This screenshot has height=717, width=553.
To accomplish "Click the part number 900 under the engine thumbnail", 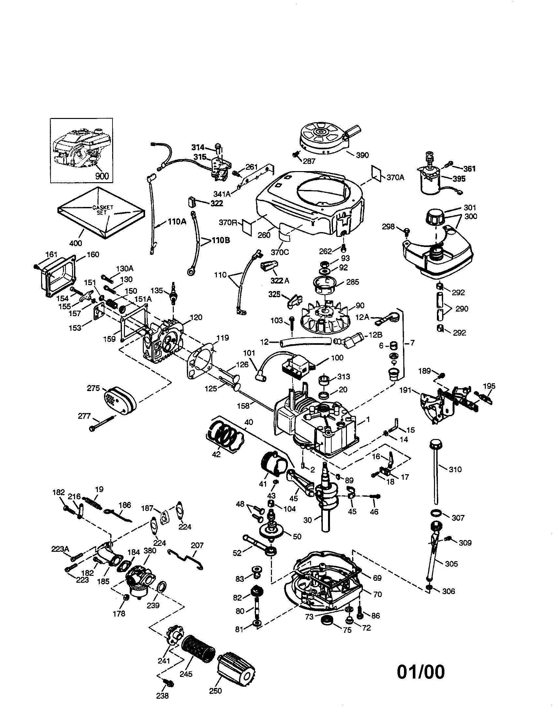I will (102, 176).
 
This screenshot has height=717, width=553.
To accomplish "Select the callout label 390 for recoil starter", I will (362, 155).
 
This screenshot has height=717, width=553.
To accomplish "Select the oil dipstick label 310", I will (455, 469).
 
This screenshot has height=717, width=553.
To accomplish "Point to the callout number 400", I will (76, 243).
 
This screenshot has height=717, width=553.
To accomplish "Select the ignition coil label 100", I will (337, 358).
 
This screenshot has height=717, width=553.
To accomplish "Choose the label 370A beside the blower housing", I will (395, 178).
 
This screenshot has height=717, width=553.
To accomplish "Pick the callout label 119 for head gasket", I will (223, 338).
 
